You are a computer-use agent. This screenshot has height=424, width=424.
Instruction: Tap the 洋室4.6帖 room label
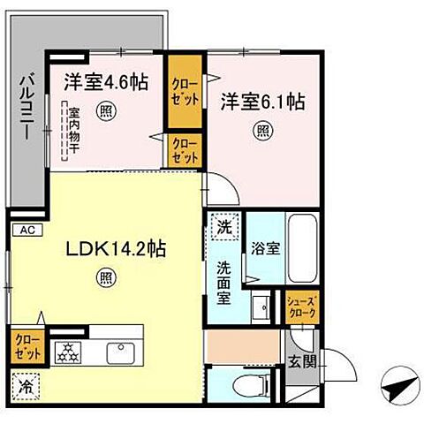click(105, 81)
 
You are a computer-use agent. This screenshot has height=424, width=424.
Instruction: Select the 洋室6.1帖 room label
click(262, 101)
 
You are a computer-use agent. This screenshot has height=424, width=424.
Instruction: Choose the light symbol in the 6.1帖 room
click(263, 130)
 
